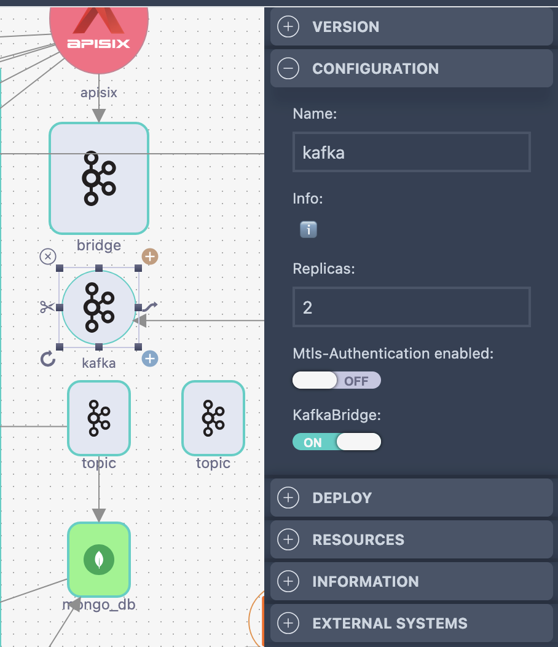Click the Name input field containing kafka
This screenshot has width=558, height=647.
(x=411, y=152)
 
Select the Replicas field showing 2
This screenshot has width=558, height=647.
(x=411, y=307)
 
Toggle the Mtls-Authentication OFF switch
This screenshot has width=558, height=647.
(x=336, y=381)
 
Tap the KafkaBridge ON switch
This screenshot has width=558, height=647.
(x=336, y=442)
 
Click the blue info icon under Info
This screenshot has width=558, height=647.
(x=308, y=230)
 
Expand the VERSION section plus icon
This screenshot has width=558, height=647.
(x=288, y=26)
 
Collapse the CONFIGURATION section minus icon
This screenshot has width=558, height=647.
(x=288, y=68)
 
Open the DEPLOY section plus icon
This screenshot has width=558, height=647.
(x=288, y=498)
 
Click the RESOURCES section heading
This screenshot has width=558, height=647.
(x=358, y=539)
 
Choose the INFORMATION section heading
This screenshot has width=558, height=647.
(x=366, y=581)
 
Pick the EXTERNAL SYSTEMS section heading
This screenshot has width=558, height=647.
(x=390, y=623)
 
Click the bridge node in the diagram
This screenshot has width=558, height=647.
(x=99, y=178)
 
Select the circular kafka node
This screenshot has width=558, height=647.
(x=99, y=307)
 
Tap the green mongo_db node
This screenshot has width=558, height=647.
(x=99, y=559)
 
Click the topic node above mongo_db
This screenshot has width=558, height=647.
(x=99, y=418)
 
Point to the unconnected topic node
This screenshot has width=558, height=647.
(x=213, y=418)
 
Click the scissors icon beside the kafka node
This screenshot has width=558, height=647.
(x=47, y=307)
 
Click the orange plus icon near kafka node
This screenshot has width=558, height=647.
(x=150, y=256)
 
